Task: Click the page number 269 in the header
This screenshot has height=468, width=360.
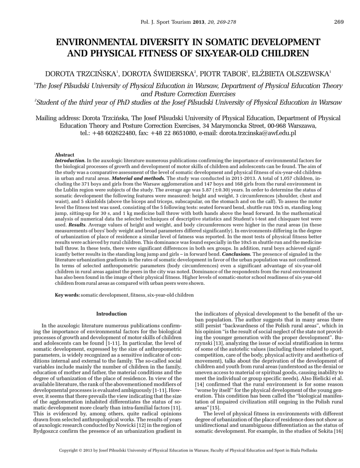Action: point(339,22)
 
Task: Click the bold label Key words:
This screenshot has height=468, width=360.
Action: point(67,295)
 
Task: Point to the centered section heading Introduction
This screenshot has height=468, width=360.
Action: point(111,314)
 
